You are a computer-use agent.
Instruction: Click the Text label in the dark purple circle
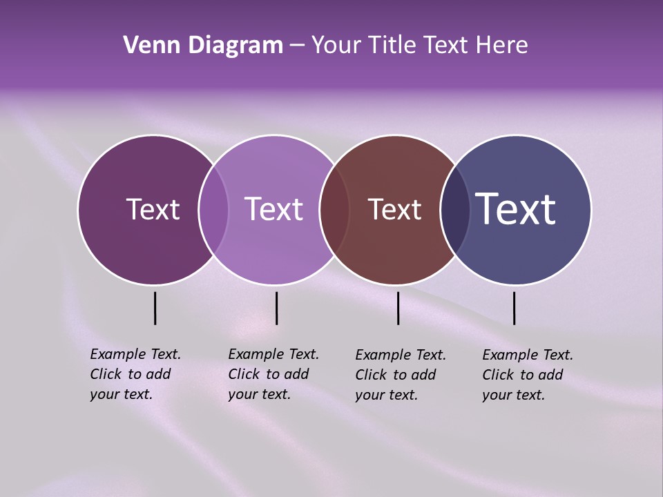tap(153, 209)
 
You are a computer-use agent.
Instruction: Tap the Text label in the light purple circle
tap(273, 209)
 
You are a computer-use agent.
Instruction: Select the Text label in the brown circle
tap(394, 209)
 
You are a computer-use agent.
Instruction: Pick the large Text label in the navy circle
tap(516, 209)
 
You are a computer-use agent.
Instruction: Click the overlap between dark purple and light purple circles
tap(213, 209)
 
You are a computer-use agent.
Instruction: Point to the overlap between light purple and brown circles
tap(334, 209)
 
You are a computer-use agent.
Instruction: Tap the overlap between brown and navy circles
tap(455, 209)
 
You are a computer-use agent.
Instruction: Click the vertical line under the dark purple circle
tap(155, 308)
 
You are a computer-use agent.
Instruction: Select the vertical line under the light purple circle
tap(276, 308)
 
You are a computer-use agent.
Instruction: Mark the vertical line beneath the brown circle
tap(398, 308)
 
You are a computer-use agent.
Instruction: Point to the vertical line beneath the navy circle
tap(514, 308)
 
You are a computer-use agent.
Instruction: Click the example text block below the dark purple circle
tap(135, 374)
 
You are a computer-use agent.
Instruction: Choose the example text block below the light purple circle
tap(273, 374)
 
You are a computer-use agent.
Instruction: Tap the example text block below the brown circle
tap(401, 375)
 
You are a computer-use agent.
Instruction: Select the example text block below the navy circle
tap(528, 375)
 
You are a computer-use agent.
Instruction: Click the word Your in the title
tap(336, 46)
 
